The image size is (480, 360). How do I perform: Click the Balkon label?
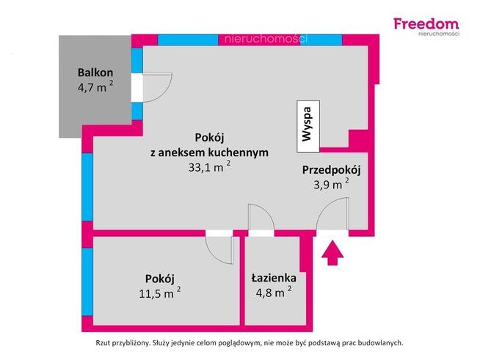pyautogui.click(x=95, y=73)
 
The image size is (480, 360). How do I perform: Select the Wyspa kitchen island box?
pyautogui.click(x=308, y=122)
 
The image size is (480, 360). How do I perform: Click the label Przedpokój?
pyautogui.click(x=331, y=170)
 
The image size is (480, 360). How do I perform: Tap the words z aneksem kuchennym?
pyautogui.click(x=209, y=153)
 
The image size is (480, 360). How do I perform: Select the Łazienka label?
pyautogui.click(x=273, y=278)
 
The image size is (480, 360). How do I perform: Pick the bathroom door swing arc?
pyautogui.click(x=261, y=218)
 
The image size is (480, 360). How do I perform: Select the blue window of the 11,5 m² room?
pyautogui.click(x=87, y=279)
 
